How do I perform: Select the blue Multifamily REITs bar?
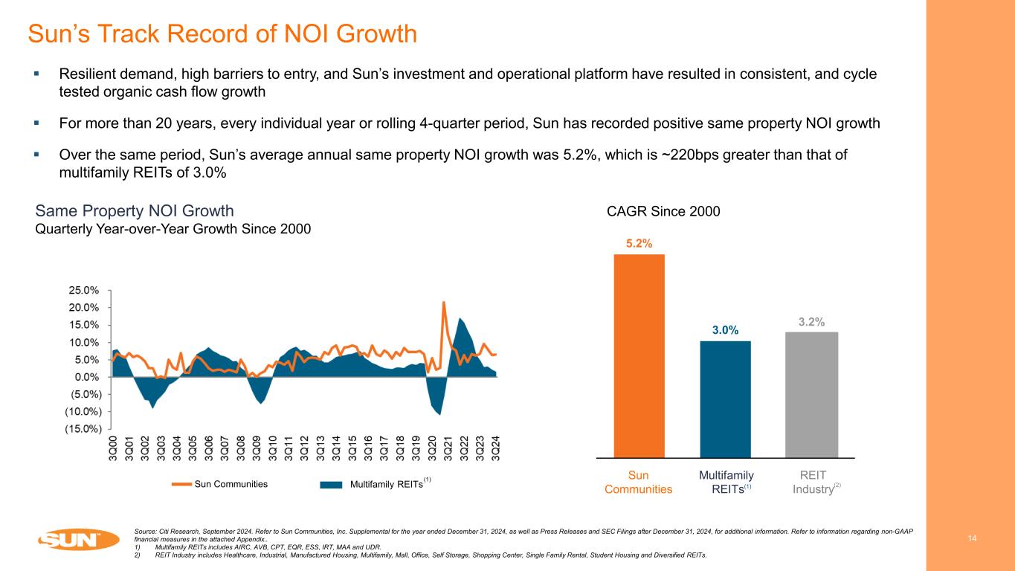point(725,399)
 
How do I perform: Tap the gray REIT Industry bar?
point(811,394)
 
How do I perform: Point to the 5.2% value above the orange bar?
point(639,242)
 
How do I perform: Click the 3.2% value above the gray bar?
point(811,321)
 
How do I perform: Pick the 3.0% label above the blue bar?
point(725,330)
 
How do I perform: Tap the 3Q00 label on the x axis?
point(113,448)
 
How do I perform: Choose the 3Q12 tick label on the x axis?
point(305,448)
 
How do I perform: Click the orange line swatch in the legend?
point(181,484)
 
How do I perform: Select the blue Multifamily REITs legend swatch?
point(331,484)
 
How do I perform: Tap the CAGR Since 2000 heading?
point(663,212)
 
